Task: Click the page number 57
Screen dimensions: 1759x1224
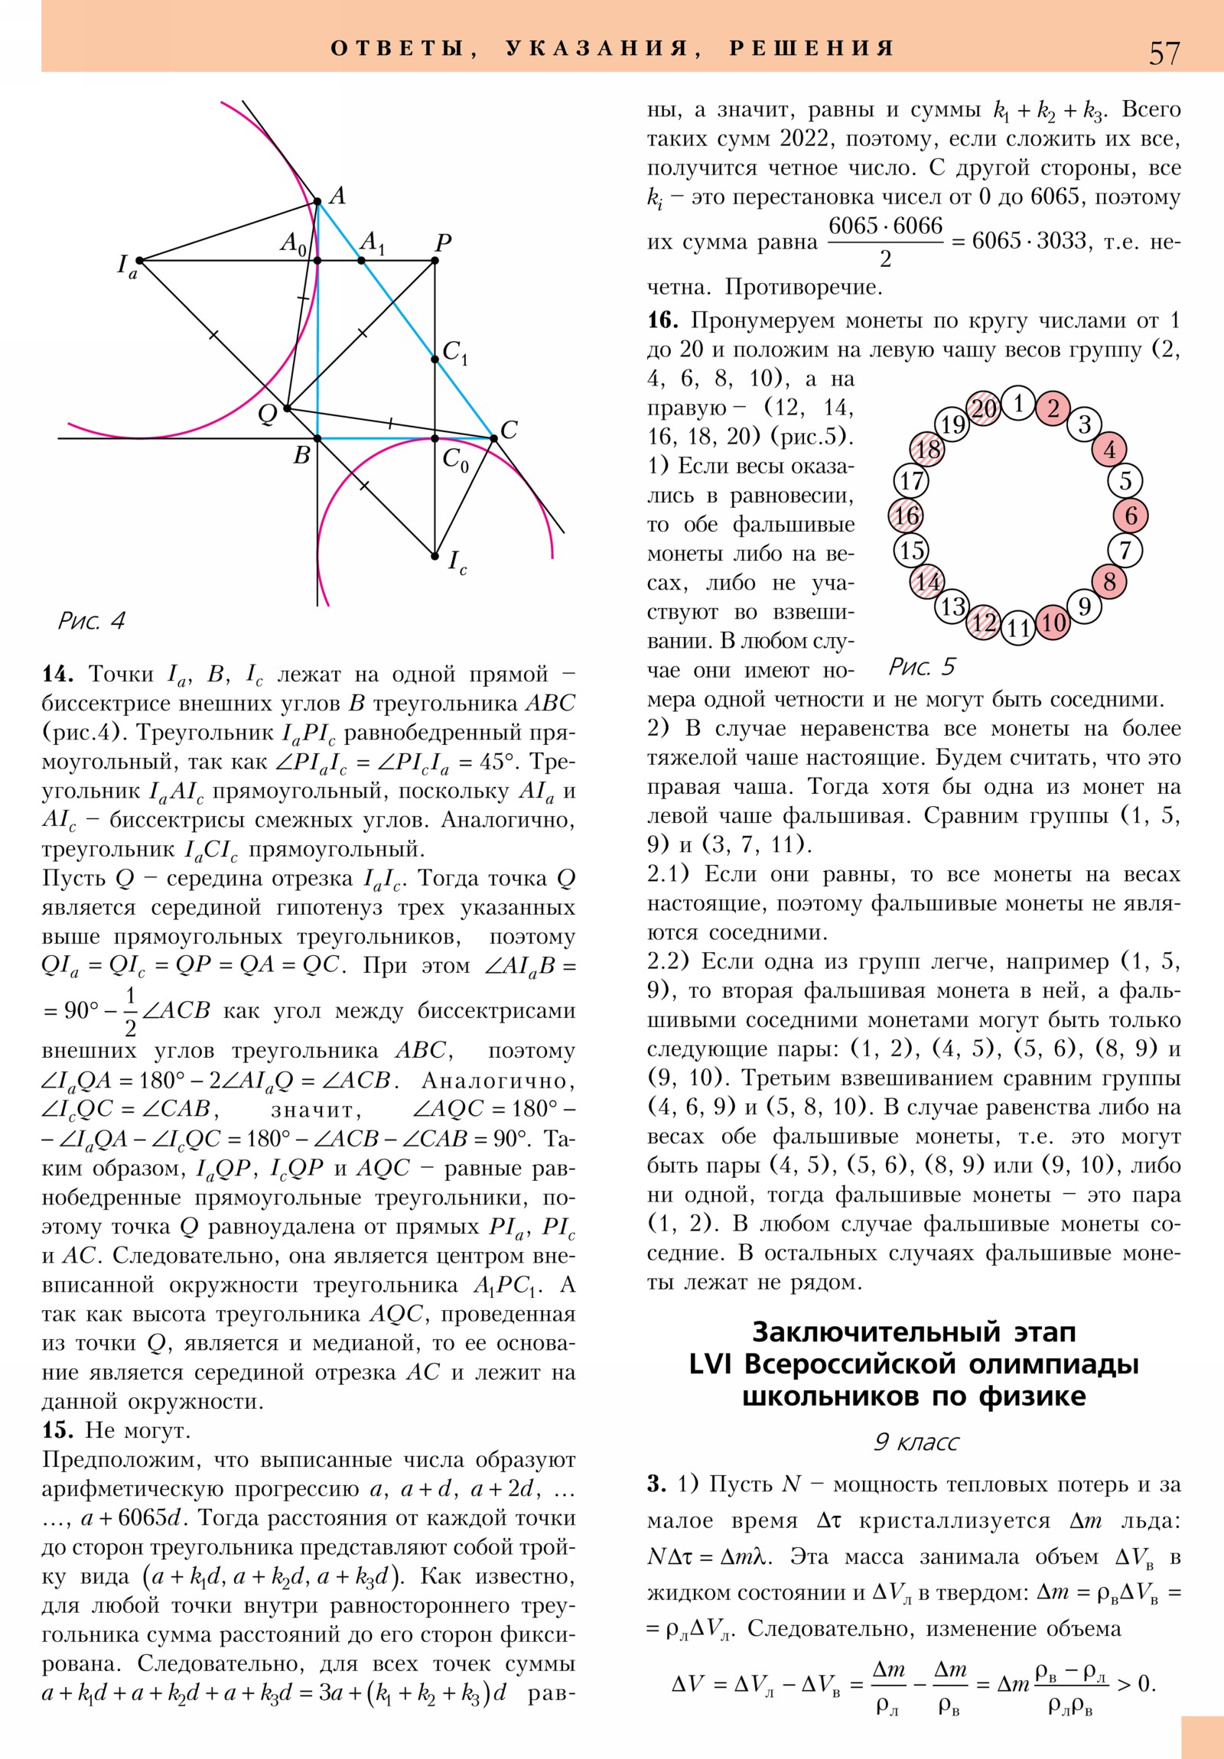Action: pos(1164,54)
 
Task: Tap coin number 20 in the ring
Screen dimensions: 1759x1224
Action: pos(984,408)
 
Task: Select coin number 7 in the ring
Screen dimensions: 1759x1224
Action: pos(1125,550)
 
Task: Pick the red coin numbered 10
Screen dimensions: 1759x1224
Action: pos(1054,622)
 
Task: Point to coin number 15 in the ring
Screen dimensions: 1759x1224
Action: pos(911,550)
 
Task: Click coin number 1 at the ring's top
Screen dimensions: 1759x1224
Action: pos(1018,403)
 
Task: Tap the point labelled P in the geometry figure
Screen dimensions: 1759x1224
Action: pos(435,262)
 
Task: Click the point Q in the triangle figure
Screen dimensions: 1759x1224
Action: pos(287,408)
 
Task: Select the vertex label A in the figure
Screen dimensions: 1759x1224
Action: pos(337,196)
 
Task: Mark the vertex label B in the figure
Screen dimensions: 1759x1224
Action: pos(302,456)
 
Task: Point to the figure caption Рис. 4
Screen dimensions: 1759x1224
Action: pos(91,620)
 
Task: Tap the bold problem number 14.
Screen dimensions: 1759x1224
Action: pos(57,675)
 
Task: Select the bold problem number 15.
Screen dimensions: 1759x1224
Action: pos(57,1430)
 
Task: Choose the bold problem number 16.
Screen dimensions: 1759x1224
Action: pos(662,320)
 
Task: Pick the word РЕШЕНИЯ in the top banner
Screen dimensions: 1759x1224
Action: pos(812,48)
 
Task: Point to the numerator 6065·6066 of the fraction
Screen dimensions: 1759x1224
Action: pos(885,226)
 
